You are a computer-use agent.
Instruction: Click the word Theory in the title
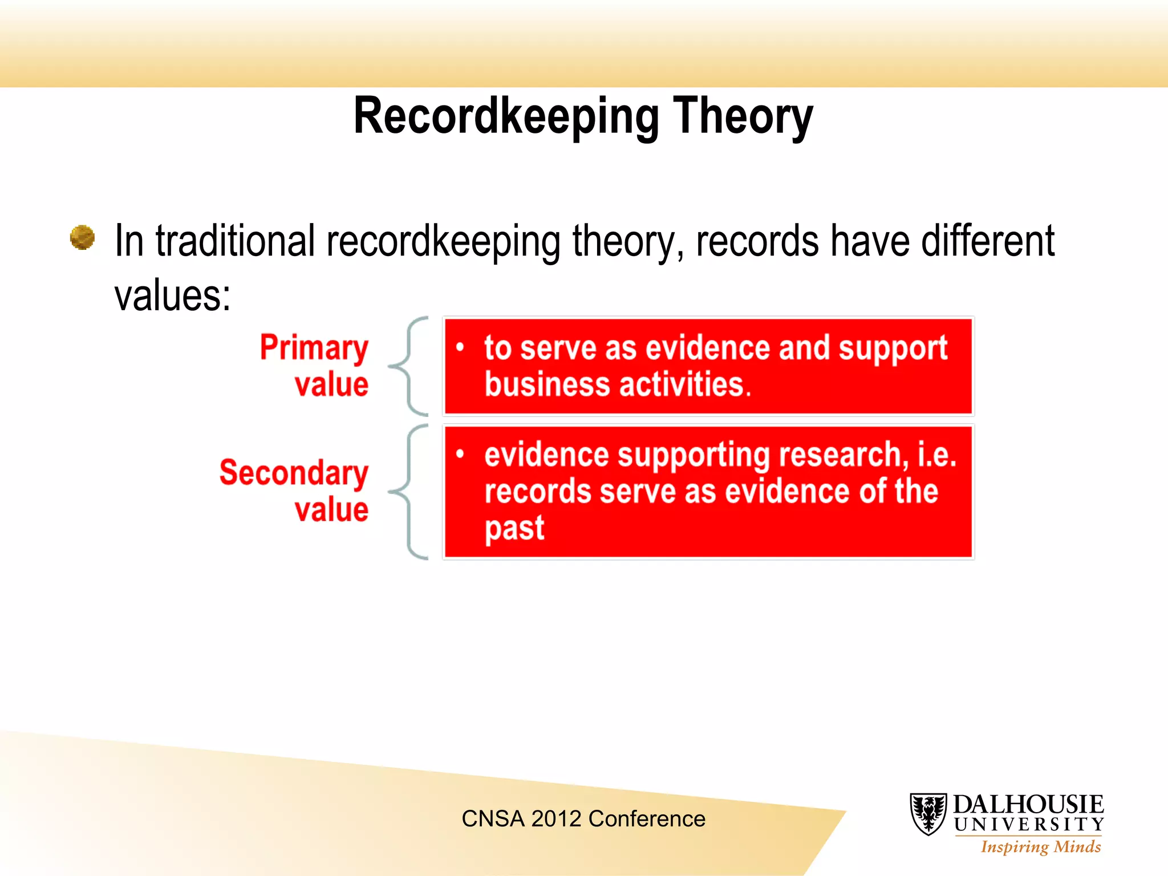(743, 117)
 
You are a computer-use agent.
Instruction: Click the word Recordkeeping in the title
(506, 117)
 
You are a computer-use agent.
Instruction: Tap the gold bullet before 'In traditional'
(82, 238)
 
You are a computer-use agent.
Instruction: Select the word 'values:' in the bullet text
(173, 296)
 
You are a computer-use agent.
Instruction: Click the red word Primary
(314, 348)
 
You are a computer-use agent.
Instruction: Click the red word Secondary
(294, 473)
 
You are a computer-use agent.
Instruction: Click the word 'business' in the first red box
(547, 384)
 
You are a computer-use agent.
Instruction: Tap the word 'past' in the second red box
(514, 529)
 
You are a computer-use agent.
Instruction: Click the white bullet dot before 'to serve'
(460, 347)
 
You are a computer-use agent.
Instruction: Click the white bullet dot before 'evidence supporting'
(460, 454)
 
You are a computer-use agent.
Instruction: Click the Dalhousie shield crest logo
(928, 814)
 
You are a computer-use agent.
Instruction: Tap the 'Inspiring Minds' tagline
(1040, 847)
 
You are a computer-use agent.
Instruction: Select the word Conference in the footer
(647, 819)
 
